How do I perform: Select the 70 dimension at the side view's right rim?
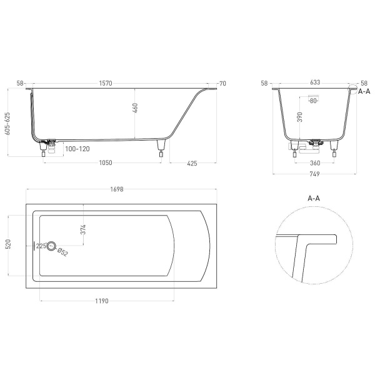pyautogui.click(x=221, y=83)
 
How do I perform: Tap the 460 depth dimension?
pyautogui.click(x=135, y=107)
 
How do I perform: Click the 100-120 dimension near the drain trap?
pyautogui.click(x=76, y=150)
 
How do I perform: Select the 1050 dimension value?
pyautogui.click(x=105, y=163)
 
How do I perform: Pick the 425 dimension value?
pyautogui.click(x=192, y=163)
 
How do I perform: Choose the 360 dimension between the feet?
pyautogui.click(x=315, y=163)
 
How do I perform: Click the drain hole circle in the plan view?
pyautogui.click(x=52, y=246)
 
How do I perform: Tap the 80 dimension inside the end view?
pyautogui.click(x=314, y=100)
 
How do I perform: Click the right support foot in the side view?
pyautogui.click(x=162, y=151)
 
